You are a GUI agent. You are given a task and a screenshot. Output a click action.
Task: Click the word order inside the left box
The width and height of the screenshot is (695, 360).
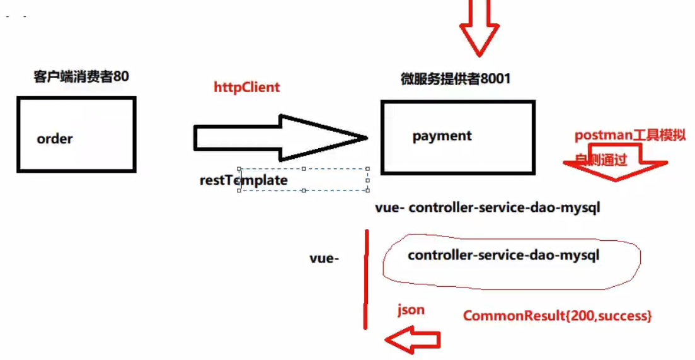pos(55,139)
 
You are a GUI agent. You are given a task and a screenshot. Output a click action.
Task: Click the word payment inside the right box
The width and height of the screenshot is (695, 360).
pos(442,136)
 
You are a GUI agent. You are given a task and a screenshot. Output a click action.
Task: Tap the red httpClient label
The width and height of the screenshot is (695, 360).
pos(246,87)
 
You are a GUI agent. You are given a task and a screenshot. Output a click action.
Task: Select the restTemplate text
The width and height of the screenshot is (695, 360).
pos(243,180)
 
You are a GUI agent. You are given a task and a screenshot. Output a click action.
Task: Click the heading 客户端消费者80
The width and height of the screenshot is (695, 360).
pos(81,77)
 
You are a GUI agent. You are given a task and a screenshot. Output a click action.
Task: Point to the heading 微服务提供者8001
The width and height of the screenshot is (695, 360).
pos(455,79)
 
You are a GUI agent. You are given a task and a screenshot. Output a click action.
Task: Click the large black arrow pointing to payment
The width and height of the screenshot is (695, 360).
pos(280,137)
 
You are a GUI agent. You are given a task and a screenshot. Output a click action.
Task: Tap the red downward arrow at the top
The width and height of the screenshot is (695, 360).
pos(479,28)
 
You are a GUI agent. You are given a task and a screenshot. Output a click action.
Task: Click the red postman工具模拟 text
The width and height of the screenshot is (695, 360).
pos(629,136)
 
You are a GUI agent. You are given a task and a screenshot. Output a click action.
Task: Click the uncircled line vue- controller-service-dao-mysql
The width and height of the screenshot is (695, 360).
pos(487,208)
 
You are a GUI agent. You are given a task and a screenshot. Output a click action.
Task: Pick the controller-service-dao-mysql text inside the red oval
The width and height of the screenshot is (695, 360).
pos(503,255)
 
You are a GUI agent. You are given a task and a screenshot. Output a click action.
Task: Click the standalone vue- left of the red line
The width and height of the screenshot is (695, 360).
pos(324,258)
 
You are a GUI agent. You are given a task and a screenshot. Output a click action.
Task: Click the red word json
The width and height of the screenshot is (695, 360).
pos(411,310)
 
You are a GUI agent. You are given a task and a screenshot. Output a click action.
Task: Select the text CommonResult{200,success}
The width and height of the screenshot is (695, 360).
pos(557,315)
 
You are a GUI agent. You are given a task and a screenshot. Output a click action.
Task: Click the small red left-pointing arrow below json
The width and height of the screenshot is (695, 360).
pos(413,340)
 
